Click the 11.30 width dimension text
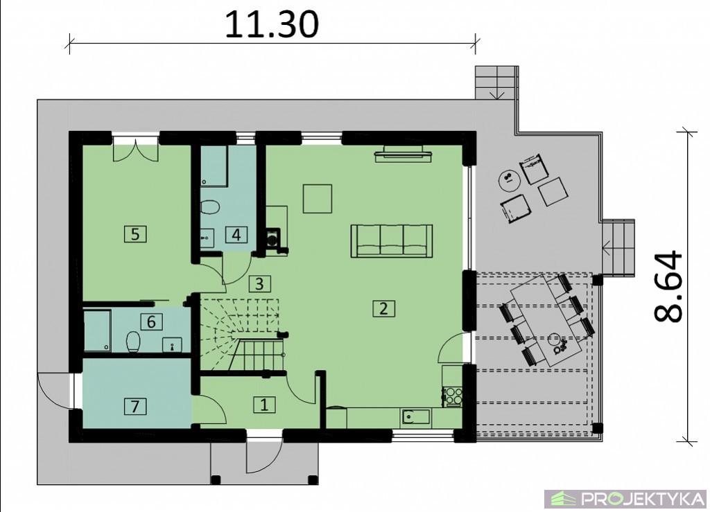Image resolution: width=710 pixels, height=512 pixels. click(272, 24)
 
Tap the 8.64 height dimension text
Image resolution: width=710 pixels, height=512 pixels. click(668, 286)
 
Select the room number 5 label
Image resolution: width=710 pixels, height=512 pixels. click(135, 234)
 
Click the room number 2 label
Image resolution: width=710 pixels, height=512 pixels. click(383, 308)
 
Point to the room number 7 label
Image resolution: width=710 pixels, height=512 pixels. click(135, 406)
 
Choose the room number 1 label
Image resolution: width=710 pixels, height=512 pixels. click(264, 405)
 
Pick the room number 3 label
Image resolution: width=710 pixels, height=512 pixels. click(259, 284)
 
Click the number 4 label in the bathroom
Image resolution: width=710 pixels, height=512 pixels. click(237, 234)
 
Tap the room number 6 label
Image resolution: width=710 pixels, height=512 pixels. click(151, 321)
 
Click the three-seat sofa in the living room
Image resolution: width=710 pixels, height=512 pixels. click(392, 240)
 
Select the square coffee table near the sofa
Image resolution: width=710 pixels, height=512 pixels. click(318, 198)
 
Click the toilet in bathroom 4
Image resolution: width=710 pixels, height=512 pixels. click(209, 208)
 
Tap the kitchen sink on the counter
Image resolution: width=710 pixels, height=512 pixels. click(415, 416)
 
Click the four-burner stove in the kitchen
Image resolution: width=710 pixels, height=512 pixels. click(452, 396)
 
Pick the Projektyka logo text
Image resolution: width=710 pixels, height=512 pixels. click(643, 500)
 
